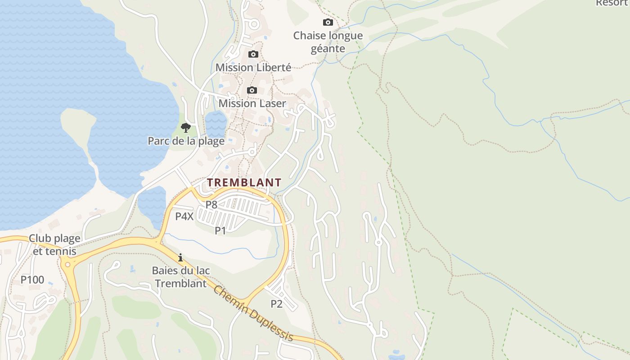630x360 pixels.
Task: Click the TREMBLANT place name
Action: [x=244, y=183]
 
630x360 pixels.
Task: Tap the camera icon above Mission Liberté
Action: [x=253, y=54]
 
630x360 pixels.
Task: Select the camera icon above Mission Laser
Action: [x=252, y=90]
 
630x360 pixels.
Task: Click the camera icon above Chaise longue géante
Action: [x=328, y=22]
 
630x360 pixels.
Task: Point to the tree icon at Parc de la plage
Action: [x=185, y=128]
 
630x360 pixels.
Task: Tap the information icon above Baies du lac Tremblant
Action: [x=180, y=257]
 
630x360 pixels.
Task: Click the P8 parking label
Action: [x=211, y=205]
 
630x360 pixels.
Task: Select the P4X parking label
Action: [x=184, y=216]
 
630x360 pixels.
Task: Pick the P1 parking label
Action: [x=220, y=231]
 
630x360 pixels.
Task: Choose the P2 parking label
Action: [x=276, y=304]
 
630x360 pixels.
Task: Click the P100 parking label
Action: [x=32, y=280]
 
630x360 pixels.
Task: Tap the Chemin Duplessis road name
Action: [x=253, y=314]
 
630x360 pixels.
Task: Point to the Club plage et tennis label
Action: [x=55, y=245]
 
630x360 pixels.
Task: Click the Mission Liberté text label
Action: [x=253, y=67]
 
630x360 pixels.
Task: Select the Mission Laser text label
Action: [x=252, y=103]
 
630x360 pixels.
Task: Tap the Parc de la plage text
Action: [x=186, y=141]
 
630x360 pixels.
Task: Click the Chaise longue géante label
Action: [x=328, y=42]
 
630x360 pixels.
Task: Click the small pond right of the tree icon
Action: [x=216, y=123]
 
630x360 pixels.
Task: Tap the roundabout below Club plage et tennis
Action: [x=68, y=265]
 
